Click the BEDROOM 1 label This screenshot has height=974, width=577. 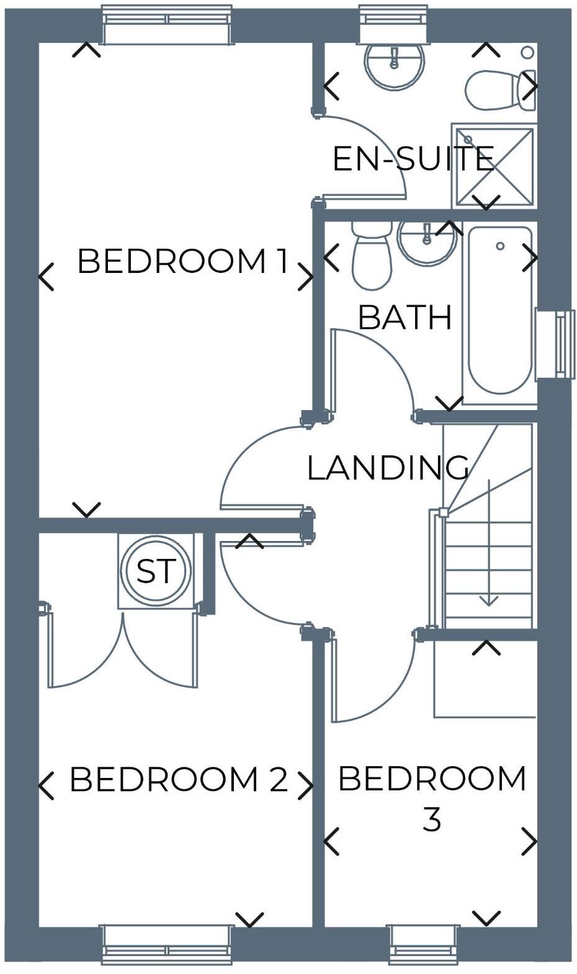click(182, 261)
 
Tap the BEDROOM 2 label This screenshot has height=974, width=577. click(179, 779)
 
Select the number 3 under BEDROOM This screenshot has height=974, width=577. click(431, 820)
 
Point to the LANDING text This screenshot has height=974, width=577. click(388, 468)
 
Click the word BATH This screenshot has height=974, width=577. click(405, 318)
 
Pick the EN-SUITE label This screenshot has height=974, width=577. click(413, 159)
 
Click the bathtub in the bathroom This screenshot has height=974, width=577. click(499, 310)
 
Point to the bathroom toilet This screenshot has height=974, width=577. click(372, 258)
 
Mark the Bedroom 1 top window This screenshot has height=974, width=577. click(167, 25)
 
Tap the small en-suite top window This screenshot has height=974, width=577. click(394, 23)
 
